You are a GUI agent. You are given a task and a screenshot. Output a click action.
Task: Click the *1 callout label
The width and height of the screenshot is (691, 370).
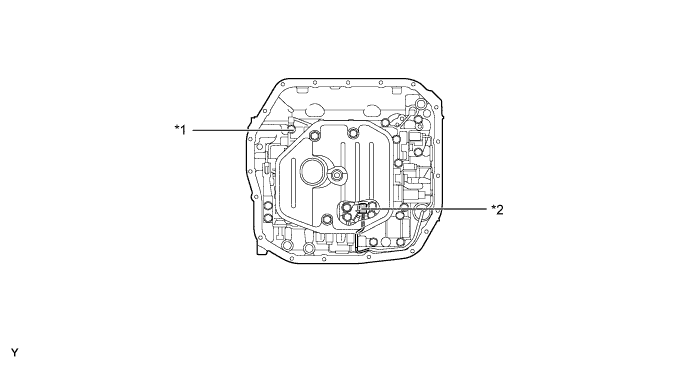pos(180,130)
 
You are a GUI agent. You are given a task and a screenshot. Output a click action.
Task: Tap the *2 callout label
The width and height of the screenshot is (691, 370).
pos(498,210)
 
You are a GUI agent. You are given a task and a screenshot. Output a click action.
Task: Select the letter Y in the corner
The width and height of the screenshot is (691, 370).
pos(15,353)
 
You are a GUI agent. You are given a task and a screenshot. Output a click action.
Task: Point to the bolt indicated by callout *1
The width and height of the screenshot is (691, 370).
pos(291,129)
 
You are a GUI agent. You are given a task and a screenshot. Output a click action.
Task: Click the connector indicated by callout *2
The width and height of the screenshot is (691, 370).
pos(362,210)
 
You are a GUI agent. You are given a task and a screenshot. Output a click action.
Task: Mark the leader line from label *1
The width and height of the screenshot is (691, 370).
pos(240,130)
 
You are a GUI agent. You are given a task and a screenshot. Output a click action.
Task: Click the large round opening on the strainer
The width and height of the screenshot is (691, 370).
pos(313,171)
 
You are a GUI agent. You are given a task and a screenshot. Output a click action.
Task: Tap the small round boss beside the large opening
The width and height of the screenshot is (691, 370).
pos(338,175)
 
